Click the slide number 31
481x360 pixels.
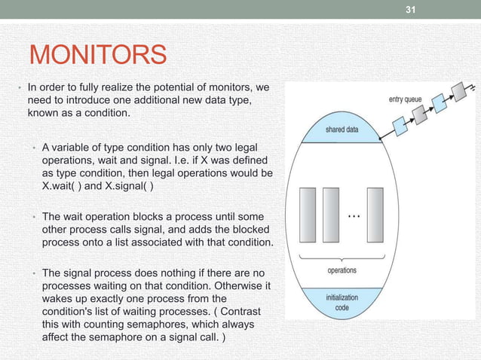click(411, 10)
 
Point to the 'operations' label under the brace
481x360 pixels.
click(342, 270)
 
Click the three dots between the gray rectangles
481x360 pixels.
click(353, 215)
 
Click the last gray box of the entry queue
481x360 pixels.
click(458, 92)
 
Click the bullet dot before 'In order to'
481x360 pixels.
click(20, 88)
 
